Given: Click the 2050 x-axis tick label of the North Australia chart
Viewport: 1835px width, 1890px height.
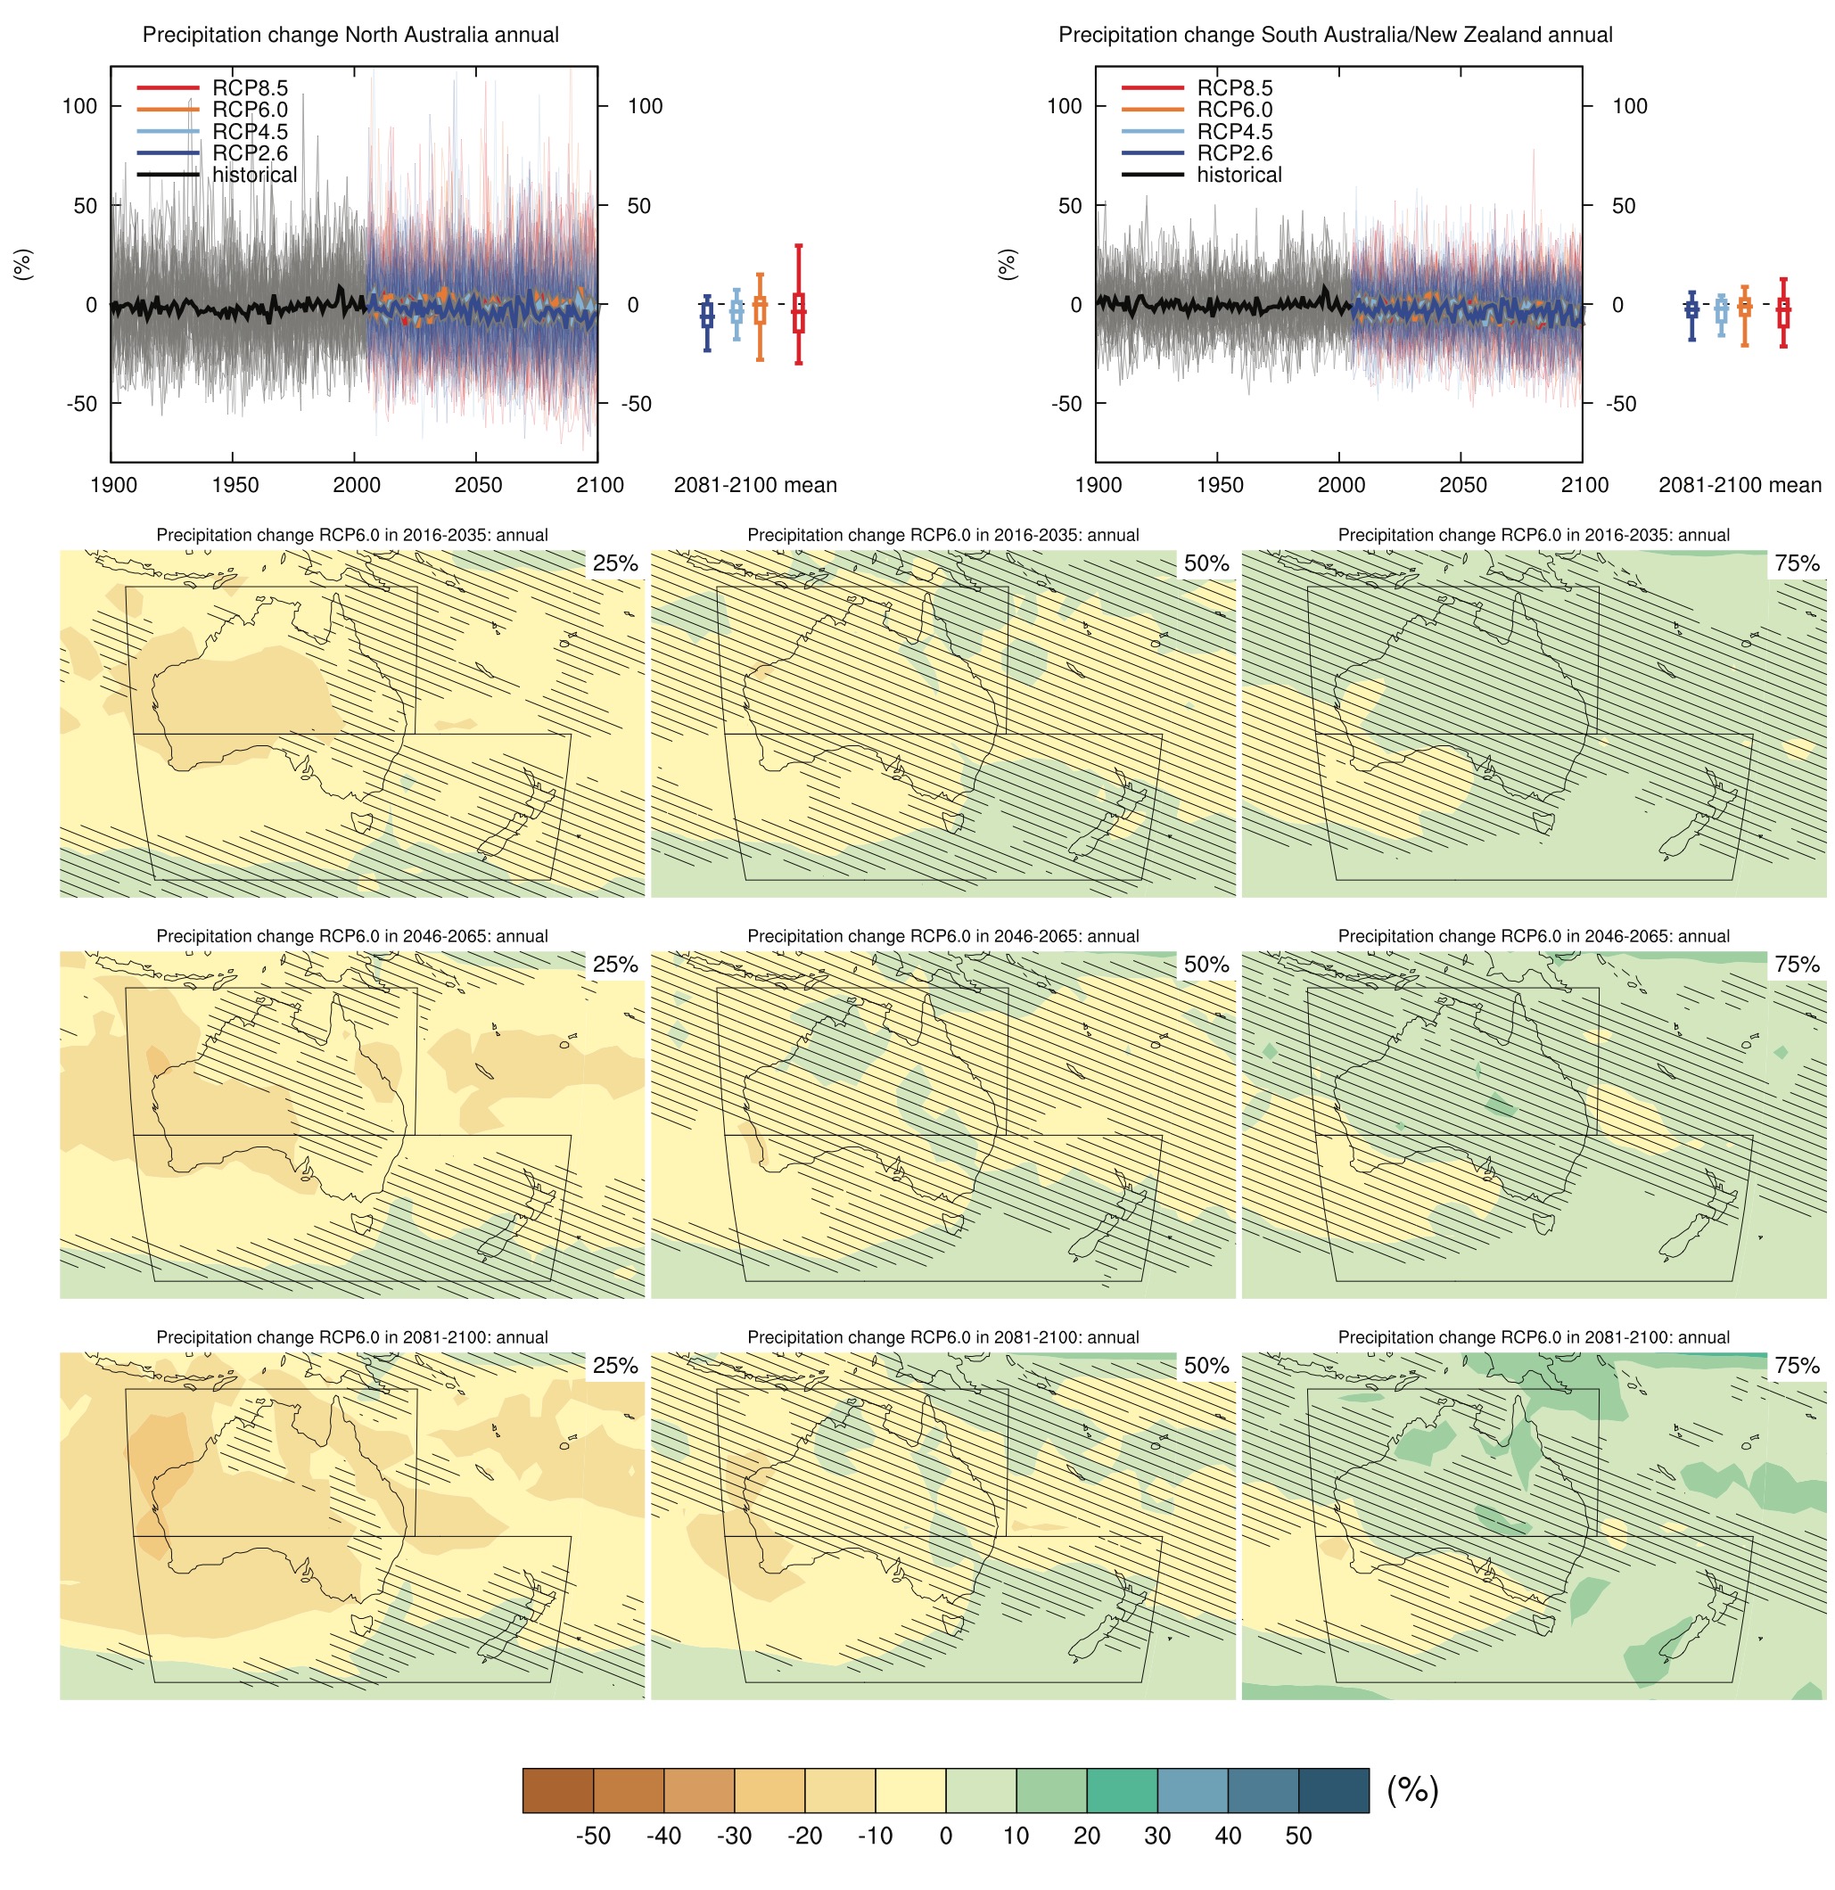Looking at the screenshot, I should [478, 485].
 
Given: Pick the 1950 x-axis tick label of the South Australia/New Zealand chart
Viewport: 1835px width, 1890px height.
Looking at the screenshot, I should [1220, 485].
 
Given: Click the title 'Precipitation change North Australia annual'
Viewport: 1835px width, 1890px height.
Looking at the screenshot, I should [350, 35].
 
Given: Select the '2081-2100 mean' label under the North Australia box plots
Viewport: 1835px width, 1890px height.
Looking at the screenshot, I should [755, 485].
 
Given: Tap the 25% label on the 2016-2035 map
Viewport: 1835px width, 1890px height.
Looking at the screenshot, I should [615, 563].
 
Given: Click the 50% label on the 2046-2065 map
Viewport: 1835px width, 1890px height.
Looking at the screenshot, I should [1206, 965].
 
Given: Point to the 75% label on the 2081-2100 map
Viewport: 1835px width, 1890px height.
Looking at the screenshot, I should [1798, 1366].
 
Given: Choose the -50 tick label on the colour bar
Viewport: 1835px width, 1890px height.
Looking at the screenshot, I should [593, 1835].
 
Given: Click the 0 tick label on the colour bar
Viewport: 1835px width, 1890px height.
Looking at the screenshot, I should [946, 1835].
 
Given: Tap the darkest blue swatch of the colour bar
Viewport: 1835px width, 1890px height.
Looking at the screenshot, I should [1334, 1790].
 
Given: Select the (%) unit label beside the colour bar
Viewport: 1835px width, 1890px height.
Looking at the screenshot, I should [1412, 1790].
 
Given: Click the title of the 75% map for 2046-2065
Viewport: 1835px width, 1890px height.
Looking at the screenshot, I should [1534, 936].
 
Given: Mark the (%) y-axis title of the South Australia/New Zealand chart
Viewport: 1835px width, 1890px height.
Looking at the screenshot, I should [1007, 263].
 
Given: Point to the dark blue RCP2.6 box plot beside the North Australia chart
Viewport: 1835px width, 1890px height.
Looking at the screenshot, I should [707, 315].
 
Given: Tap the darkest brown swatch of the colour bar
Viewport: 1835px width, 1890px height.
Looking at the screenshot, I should [557, 1790].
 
